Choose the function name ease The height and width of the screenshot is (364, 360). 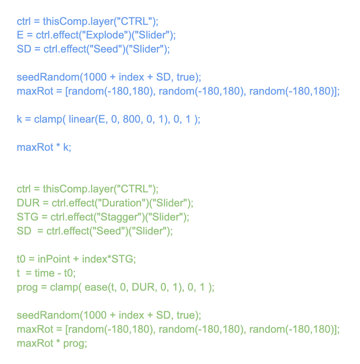[95, 287]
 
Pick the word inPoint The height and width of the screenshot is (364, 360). [54, 259]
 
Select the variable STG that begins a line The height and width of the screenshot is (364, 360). [25, 217]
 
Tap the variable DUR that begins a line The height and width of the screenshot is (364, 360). [26, 203]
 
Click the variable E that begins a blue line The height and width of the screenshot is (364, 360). [20, 35]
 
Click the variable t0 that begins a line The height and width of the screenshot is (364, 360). [21, 259]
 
